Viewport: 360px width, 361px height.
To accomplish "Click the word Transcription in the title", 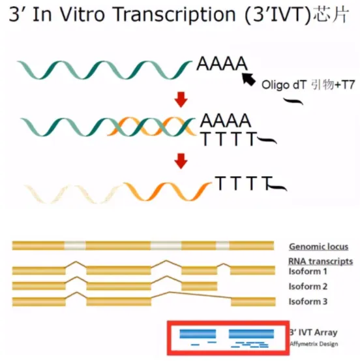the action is tap(175, 15).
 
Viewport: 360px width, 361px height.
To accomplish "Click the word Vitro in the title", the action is tap(83, 14).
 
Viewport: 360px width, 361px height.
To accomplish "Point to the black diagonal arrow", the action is tap(249, 79).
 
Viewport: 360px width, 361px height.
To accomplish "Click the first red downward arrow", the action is tap(181, 99).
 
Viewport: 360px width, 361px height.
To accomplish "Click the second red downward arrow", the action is tap(181, 161).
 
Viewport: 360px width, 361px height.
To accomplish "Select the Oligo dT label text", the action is tap(284, 85).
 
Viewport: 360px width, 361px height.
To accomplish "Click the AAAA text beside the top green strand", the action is tap(222, 63).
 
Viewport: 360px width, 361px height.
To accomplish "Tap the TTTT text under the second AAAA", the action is tap(229, 139).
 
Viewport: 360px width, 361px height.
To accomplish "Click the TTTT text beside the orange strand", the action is tap(244, 183).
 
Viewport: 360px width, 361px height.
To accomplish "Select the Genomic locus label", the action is tap(319, 247).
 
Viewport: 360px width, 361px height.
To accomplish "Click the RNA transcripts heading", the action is tap(320, 261).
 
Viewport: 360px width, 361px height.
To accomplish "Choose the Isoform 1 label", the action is tap(308, 272).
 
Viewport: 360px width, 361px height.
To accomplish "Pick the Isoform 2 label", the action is tap(308, 287).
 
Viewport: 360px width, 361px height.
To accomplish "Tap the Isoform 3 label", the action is tap(308, 302).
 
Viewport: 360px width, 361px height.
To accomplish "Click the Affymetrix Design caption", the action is tap(314, 344).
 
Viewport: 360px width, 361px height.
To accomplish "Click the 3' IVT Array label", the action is tap(313, 332).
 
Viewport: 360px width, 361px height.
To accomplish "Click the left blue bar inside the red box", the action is tap(198, 334).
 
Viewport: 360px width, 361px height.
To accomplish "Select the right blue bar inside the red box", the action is tap(252, 334).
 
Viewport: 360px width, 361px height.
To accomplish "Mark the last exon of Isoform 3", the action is tap(253, 302).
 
